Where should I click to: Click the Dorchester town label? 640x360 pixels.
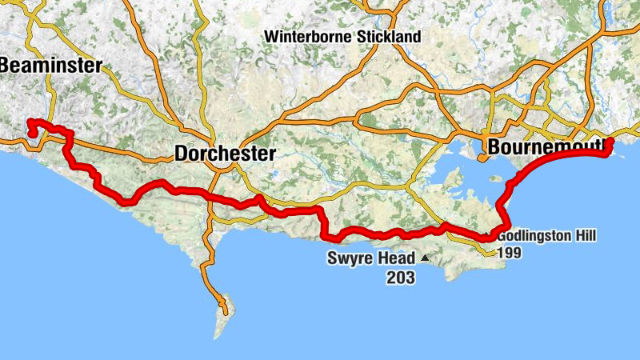click(225, 153)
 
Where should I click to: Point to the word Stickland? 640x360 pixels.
click(390, 37)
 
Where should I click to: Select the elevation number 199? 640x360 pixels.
click(510, 252)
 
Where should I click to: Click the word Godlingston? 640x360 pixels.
click(534, 237)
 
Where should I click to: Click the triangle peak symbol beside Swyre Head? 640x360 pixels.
click(424, 258)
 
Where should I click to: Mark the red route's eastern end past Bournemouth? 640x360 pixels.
click(610, 142)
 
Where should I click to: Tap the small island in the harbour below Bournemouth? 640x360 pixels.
click(455, 174)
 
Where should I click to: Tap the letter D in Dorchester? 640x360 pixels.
click(181, 153)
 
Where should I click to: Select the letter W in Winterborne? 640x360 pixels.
click(270, 37)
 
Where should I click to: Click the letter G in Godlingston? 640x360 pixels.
click(501, 237)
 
